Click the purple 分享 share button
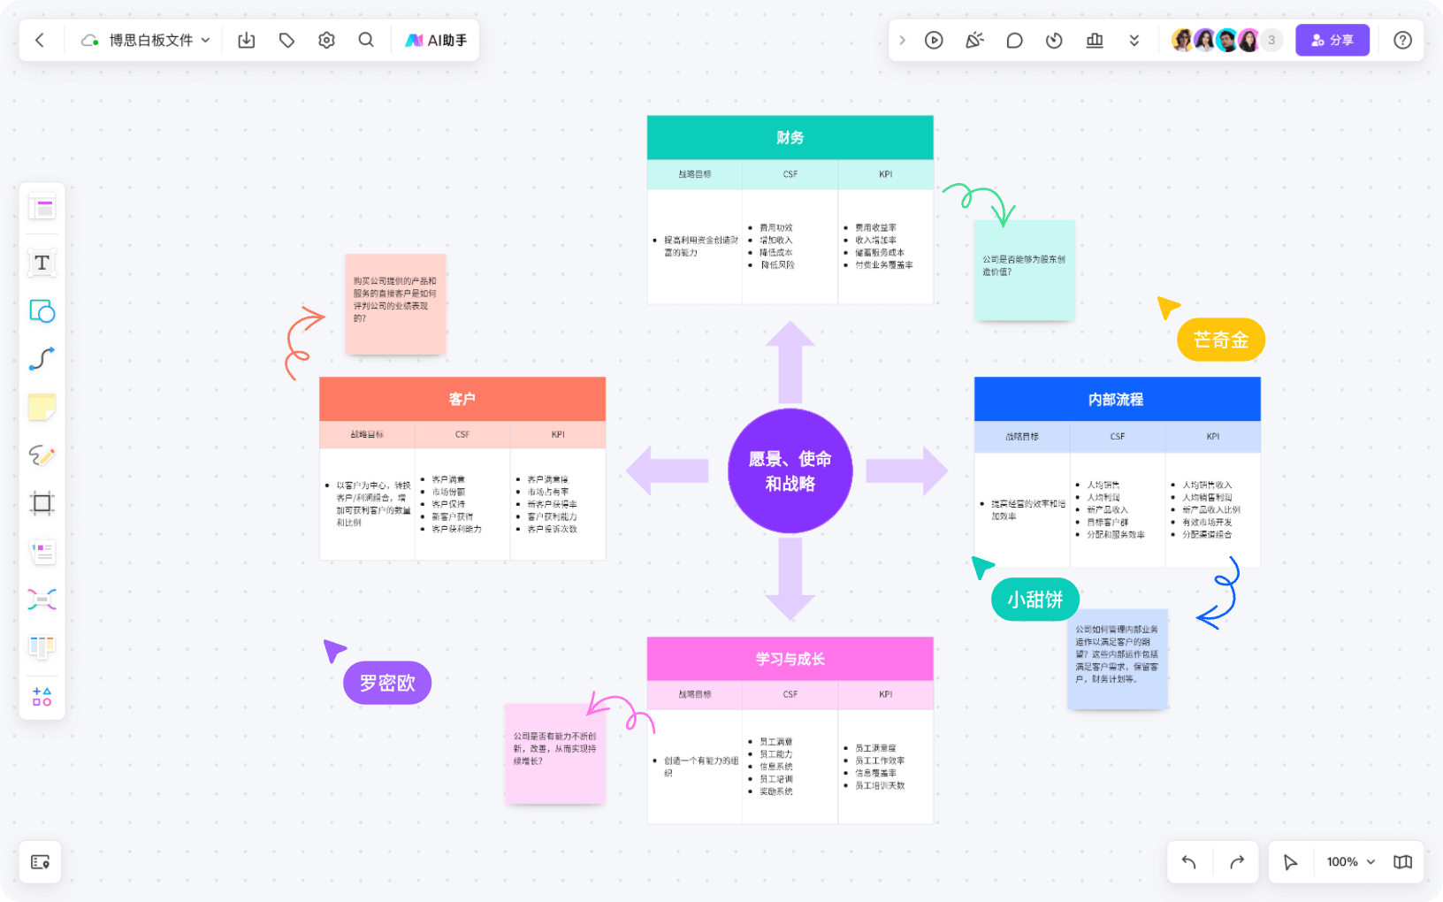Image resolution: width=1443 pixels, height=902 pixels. click(1332, 40)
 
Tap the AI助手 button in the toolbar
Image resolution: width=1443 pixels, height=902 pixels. click(436, 40)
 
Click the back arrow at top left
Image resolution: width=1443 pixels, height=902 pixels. click(40, 40)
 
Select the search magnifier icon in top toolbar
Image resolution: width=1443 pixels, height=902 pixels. click(366, 40)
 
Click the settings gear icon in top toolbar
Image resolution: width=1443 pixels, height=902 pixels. click(326, 40)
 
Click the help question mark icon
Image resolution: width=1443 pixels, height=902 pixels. click(1402, 40)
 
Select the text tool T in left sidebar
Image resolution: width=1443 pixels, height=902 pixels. click(42, 263)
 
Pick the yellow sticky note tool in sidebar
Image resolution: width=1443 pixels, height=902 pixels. click(42, 407)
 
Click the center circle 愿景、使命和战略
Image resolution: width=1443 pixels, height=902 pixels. click(790, 470)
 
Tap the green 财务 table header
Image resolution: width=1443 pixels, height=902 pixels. click(790, 137)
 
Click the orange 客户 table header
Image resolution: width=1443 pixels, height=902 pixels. click(462, 399)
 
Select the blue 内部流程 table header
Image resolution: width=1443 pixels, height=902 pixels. click(1116, 399)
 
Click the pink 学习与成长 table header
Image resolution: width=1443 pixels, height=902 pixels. click(790, 659)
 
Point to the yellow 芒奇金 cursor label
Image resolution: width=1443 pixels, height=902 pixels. click(1220, 340)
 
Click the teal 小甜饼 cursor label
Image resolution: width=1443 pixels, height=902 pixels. click(1035, 600)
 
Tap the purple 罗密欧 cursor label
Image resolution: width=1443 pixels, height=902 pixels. click(387, 683)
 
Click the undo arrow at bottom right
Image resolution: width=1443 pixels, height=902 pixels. click(1189, 861)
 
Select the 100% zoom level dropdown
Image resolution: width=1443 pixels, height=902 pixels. click(1350, 861)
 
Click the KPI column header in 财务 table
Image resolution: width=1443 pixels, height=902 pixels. click(885, 174)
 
